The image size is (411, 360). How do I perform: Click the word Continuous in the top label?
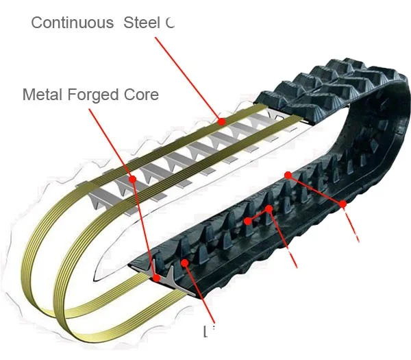(x=72, y=23)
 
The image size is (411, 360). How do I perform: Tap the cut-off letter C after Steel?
(x=170, y=23)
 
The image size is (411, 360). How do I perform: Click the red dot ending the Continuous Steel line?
(x=222, y=121)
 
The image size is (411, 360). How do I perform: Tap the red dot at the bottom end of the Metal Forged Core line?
(x=157, y=278)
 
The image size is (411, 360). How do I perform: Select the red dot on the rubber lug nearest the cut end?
(x=185, y=262)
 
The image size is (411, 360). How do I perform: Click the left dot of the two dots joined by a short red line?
(x=247, y=221)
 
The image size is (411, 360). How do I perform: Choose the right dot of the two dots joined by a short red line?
(x=270, y=208)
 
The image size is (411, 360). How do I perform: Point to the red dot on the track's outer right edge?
(x=342, y=204)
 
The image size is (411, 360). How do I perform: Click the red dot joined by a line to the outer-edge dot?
(x=288, y=175)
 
